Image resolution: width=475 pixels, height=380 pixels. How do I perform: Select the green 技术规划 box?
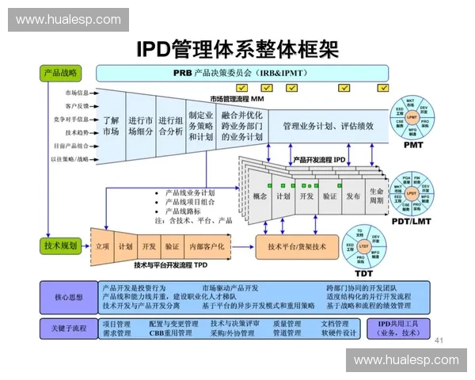coord(60,246)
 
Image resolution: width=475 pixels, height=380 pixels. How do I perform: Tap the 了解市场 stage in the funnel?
coord(111,126)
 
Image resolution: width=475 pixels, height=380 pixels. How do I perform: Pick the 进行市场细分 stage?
coord(140,126)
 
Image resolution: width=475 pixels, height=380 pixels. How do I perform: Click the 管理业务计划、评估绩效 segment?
coord(329,126)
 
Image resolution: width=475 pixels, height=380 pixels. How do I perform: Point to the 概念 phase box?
coord(260,196)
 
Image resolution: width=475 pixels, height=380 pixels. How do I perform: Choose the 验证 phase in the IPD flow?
coord(329,196)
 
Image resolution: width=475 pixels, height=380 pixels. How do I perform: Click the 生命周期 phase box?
coord(376,196)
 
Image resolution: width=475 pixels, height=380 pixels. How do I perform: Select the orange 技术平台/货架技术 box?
coord(297,247)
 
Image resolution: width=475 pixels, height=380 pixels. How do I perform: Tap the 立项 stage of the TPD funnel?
coord(102,246)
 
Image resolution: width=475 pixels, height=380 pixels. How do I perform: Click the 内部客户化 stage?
coord(207,246)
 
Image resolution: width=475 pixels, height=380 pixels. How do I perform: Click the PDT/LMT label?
coord(410,222)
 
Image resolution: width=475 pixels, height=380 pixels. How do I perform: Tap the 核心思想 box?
coord(68,298)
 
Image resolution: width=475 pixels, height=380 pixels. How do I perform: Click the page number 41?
coord(440,340)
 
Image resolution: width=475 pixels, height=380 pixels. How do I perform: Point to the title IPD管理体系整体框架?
coord(237,48)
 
